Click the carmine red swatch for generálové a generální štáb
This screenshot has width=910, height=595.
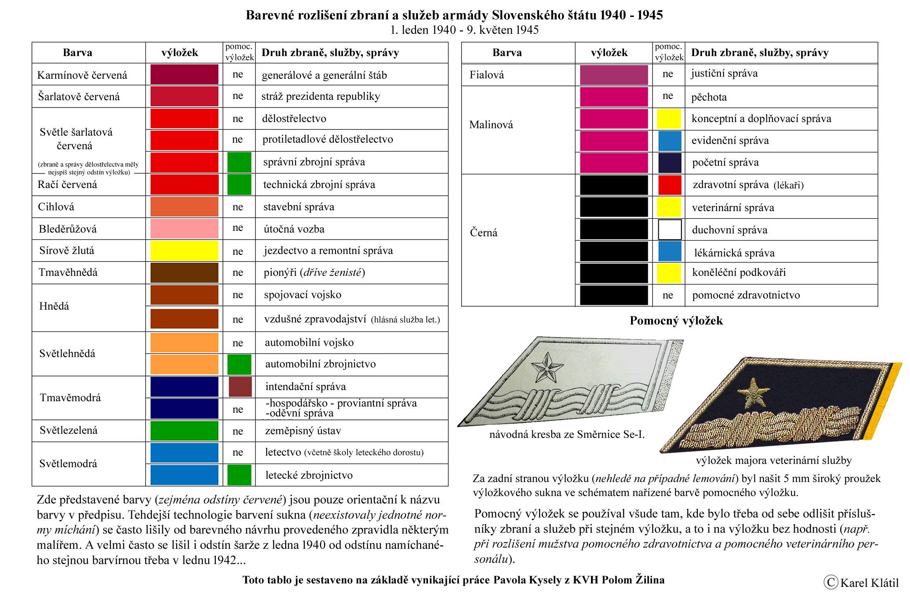(x=184, y=75)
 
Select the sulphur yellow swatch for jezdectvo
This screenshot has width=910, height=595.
(x=184, y=251)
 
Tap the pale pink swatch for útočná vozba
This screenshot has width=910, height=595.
(x=184, y=228)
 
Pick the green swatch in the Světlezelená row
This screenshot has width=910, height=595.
(x=184, y=430)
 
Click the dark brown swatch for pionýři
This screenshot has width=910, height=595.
(x=184, y=273)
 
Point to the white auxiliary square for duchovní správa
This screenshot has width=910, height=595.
(x=669, y=230)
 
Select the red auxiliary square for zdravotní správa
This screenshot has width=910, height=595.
(x=669, y=185)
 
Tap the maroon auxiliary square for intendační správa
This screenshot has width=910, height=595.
(x=240, y=387)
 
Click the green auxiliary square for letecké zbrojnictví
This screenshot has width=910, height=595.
(x=239, y=475)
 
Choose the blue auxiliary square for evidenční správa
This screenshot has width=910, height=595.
(x=669, y=141)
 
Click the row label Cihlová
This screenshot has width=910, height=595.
(x=56, y=207)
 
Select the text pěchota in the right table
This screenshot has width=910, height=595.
(x=709, y=97)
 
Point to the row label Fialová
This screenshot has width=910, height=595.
(x=487, y=75)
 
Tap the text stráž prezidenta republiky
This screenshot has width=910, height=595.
(x=320, y=96)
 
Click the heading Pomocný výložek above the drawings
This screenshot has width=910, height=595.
(x=676, y=321)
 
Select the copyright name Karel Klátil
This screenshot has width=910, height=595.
(x=869, y=583)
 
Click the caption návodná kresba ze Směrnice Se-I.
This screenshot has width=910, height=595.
(x=567, y=434)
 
